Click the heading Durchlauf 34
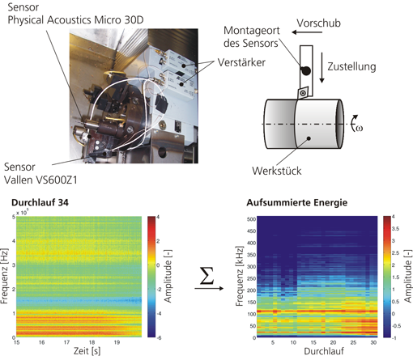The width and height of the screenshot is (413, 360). pos(40,202)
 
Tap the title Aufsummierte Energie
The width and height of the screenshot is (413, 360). pos(296,203)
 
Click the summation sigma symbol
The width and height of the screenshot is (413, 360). pos(206,276)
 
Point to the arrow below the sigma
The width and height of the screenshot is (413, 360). pos(209,288)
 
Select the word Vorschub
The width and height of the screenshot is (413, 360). pos(319,23)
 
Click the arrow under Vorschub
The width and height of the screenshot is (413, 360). pos(307,32)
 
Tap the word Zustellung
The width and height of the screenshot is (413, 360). pos(351,66)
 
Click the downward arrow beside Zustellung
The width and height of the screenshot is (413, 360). pos(321,67)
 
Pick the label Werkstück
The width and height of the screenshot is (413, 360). pos(277,171)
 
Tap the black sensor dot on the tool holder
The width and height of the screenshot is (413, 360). pos(306,71)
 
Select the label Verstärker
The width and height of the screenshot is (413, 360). pos(241,62)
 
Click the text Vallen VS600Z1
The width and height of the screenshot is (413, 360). pos(40,180)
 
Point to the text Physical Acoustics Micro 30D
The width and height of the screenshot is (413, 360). pos(75,20)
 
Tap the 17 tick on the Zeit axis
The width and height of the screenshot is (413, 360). pos(66,342)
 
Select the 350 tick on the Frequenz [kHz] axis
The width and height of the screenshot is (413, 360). pos(251,255)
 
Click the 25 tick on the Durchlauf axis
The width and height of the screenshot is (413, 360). pos(353,343)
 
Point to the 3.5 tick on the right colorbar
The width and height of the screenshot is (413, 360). pos(395,229)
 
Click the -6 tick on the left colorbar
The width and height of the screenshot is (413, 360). pos(159,337)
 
